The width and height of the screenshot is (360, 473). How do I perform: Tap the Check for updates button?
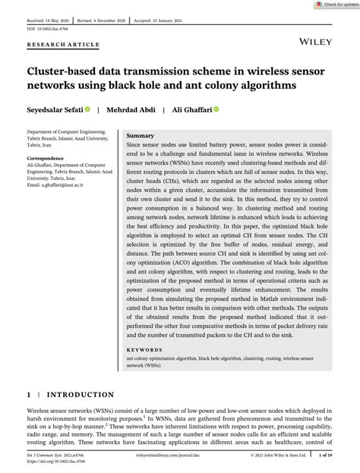pos(328,5)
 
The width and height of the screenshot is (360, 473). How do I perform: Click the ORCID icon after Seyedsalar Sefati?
pos(88,109)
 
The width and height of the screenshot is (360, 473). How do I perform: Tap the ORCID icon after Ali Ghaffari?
pos(216,109)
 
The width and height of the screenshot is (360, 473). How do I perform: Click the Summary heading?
pos(141,134)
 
